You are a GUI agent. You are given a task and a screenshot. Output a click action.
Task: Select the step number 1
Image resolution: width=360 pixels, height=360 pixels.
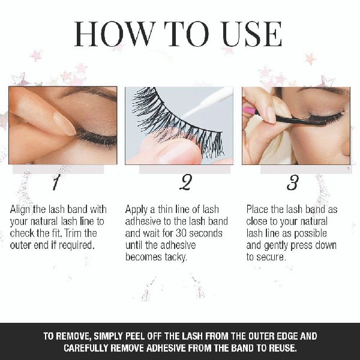pyautogui.click(x=56, y=182)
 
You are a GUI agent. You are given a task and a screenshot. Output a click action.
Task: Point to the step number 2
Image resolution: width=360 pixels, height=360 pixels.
pyautogui.click(x=185, y=182)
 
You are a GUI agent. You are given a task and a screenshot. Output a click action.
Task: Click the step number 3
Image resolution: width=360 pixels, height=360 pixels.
pyautogui.click(x=293, y=182)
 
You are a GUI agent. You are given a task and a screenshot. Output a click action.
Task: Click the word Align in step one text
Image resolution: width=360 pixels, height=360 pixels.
pyautogui.click(x=20, y=209)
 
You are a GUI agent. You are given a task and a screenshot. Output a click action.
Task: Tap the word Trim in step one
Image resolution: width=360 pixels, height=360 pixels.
pyautogui.click(x=73, y=233)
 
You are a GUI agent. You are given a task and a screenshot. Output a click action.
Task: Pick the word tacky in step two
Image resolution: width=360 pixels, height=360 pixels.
pyautogui.click(x=176, y=257)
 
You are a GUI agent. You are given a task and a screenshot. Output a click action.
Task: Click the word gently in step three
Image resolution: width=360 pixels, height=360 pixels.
pyautogui.click(x=277, y=245)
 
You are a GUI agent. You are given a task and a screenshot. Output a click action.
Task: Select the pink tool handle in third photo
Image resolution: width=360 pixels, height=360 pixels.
pyautogui.click(x=249, y=111)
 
